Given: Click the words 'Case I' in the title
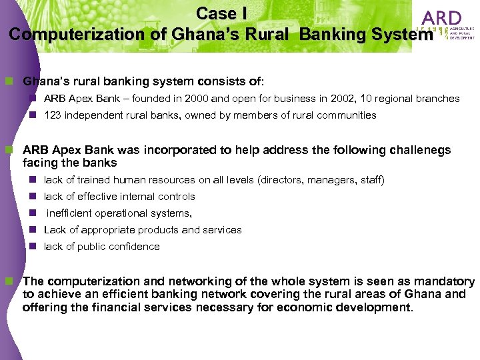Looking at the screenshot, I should click(x=217, y=13).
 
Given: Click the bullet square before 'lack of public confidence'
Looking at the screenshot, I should click(x=33, y=247).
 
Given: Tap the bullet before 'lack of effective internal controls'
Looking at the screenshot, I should click(x=33, y=197).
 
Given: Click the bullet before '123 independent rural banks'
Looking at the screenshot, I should click(x=33, y=115).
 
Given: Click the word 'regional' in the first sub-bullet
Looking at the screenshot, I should click(x=396, y=99).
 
